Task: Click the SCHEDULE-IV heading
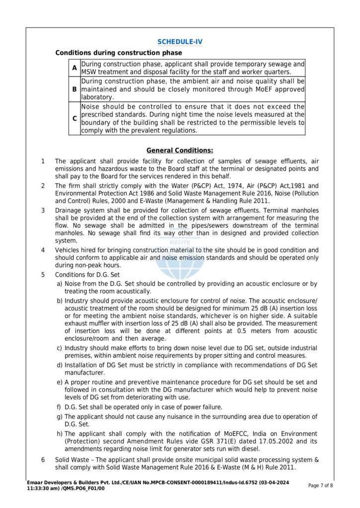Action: coord(180,42)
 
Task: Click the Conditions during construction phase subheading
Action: coord(118,53)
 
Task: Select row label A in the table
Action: coord(74,67)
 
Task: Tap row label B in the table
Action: coord(74,89)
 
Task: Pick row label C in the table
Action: coord(74,119)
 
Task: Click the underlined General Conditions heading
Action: coord(180,150)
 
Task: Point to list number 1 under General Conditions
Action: coord(43,161)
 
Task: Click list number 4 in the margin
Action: coord(43,250)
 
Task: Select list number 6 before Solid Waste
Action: coord(43,459)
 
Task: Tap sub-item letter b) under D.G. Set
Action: coord(60,301)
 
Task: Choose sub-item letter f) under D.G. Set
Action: coord(60,407)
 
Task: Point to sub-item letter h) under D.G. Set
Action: coord(60,434)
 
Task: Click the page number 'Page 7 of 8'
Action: coord(321,486)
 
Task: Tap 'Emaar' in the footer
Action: coord(36,483)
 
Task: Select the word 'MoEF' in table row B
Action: coord(263,89)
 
